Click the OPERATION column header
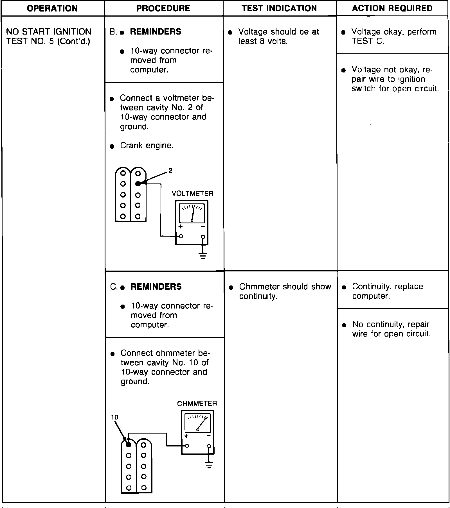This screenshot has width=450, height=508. click(52, 8)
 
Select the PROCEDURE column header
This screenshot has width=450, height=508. click(163, 8)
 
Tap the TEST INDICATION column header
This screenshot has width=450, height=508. click(279, 8)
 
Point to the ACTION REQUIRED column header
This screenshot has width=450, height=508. click(392, 8)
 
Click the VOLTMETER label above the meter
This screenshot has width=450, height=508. click(193, 194)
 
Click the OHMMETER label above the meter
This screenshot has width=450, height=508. click(197, 403)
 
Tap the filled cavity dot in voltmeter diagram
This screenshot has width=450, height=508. click(138, 184)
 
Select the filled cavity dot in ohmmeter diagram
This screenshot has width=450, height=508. click(129, 444)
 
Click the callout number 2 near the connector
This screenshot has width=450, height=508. click(170, 170)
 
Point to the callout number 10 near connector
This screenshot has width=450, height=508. click(115, 417)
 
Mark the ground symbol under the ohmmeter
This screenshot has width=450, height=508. click(208, 465)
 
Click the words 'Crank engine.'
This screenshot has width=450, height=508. click(147, 146)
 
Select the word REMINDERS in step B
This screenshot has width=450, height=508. click(156, 31)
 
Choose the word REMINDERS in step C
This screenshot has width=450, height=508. click(156, 287)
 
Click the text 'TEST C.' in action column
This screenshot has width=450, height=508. click(368, 41)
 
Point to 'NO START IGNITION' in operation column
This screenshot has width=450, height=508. click(49, 31)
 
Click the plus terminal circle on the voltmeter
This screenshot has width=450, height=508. click(181, 236)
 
